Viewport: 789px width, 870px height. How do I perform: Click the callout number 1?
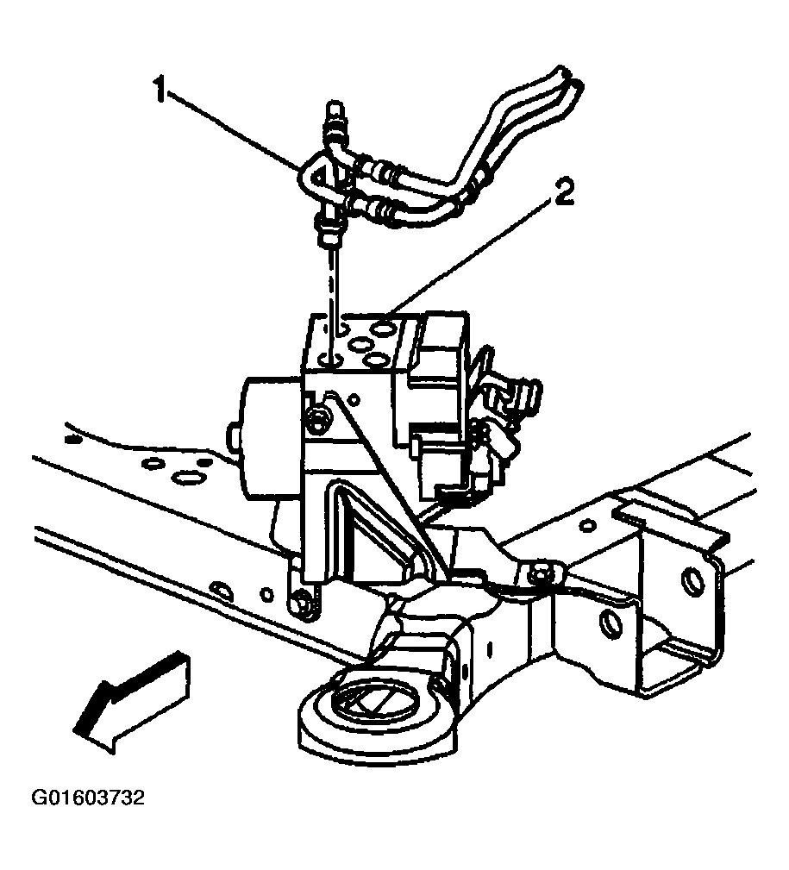click(160, 91)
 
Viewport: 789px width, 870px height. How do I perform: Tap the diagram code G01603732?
click(88, 798)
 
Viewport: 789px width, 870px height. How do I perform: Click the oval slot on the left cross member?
click(185, 477)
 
